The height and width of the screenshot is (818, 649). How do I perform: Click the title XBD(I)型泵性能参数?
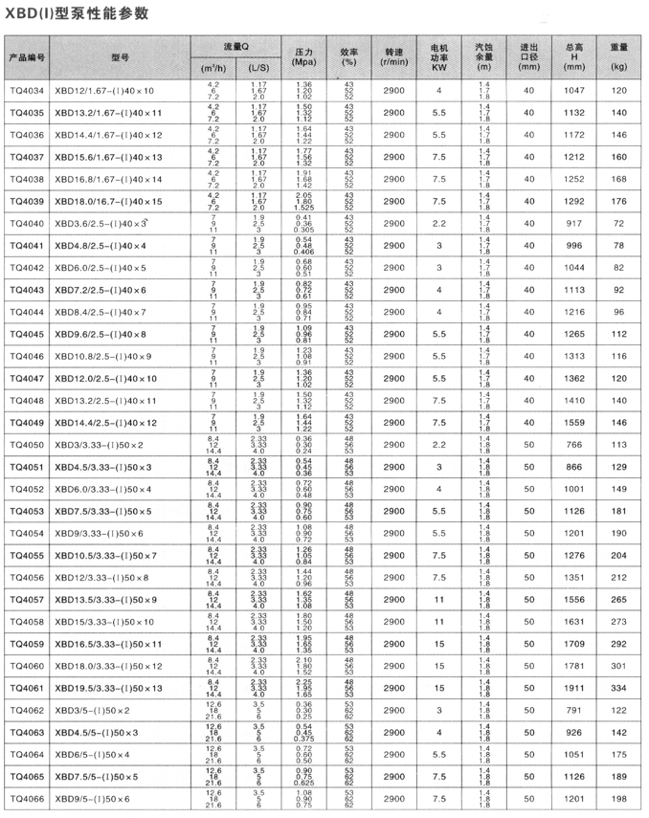72,11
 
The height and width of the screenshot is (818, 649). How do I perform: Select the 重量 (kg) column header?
619,57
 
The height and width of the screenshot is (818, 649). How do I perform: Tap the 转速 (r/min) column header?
394,57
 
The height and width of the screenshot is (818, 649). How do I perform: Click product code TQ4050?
27,446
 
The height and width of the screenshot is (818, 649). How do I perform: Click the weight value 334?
618,690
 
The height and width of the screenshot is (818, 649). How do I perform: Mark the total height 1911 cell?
574,690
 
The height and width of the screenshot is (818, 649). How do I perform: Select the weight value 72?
618,223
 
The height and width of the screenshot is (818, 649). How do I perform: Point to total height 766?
574,446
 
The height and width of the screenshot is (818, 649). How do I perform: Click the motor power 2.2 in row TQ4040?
439,223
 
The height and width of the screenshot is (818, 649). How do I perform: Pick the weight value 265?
618,601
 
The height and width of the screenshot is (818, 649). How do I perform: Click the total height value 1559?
574,423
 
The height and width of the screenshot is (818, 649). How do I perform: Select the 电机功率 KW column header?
439,57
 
